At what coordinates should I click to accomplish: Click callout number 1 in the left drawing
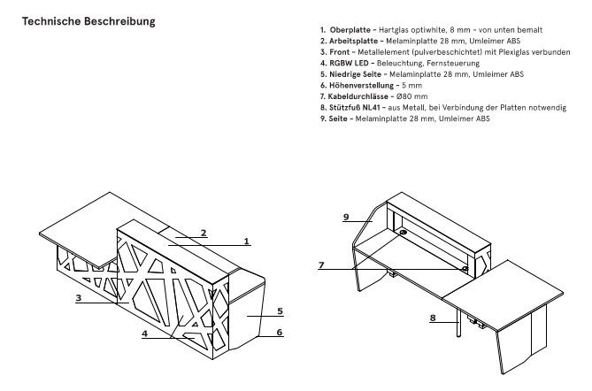click(x=247, y=240)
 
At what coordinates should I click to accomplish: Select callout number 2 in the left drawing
click(x=203, y=233)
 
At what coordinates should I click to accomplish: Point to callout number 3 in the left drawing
click(x=79, y=299)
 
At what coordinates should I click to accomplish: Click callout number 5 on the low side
click(x=279, y=310)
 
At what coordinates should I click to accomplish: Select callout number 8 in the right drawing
click(x=434, y=316)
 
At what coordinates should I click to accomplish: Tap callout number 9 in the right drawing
click(x=345, y=216)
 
